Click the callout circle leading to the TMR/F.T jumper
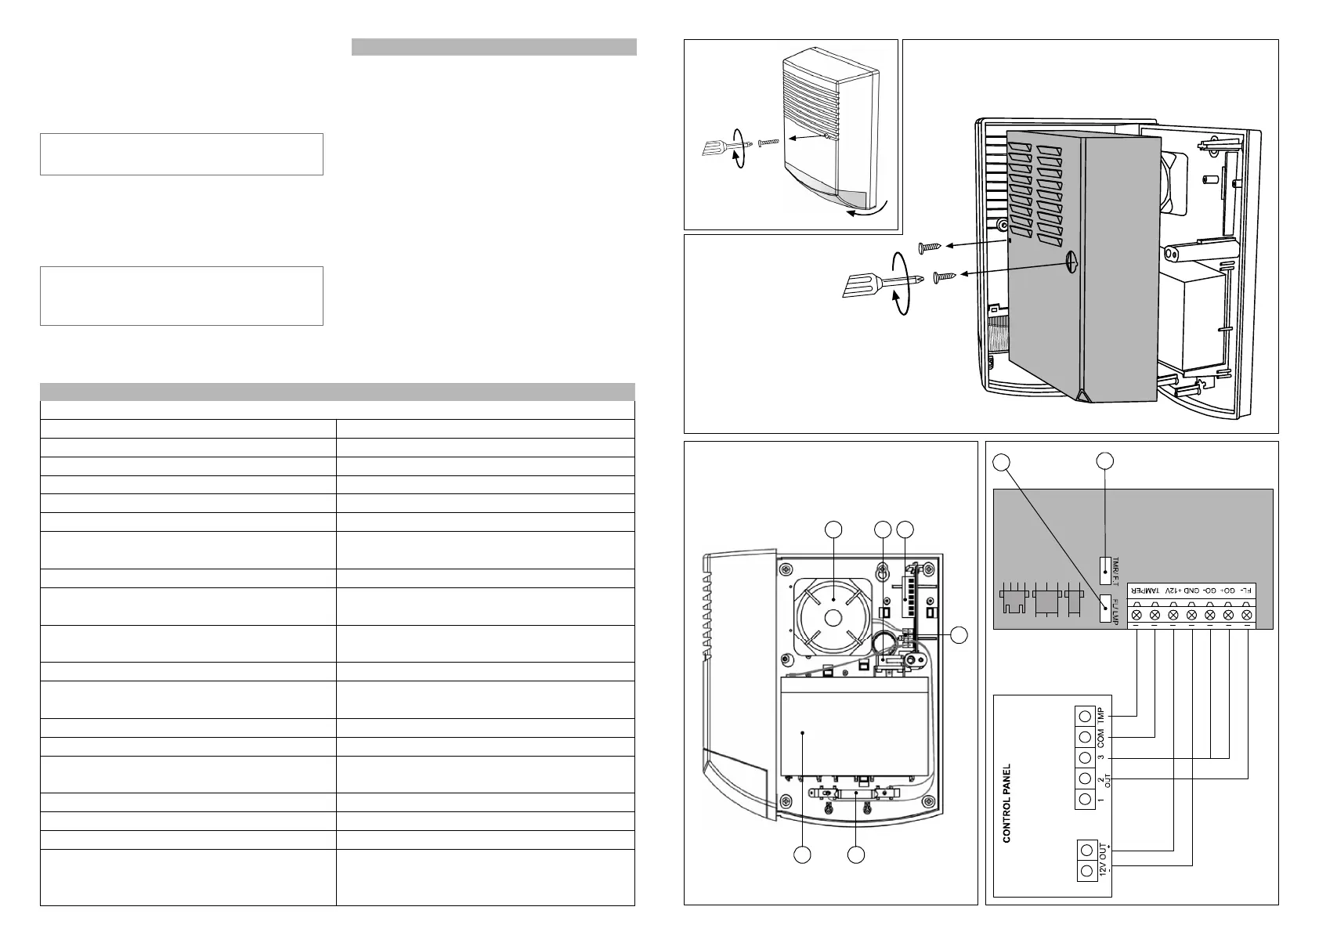1105,461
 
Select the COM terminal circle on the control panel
1085,737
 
